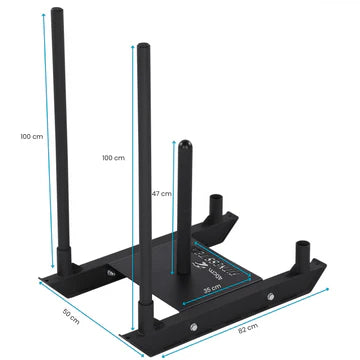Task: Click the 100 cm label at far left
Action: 31,136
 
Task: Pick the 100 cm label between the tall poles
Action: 113,158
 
